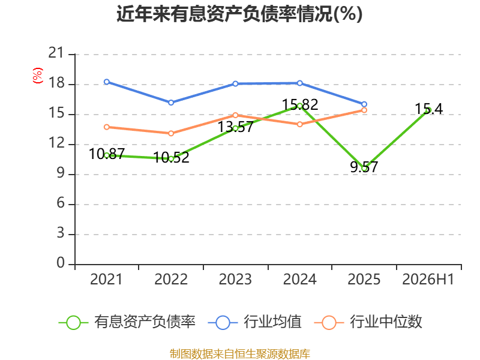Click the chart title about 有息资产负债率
[x=239, y=14]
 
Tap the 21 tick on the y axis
[x=56, y=53]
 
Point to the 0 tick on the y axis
[x=61, y=263]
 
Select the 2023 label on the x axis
[x=235, y=279]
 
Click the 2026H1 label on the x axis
[x=428, y=279]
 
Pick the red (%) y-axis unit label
[x=38, y=76]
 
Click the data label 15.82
[x=300, y=104]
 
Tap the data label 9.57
[x=364, y=167]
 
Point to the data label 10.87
[x=107, y=154]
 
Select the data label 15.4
[x=428, y=109]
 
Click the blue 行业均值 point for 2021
[x=107, y=82]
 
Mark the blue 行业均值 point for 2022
[x=171, y=103]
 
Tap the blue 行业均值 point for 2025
[x=364, y=104]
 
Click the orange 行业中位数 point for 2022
[x=171, y=133]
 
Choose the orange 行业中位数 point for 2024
[x=299, y=124]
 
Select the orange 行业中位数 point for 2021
[x=107, y=127]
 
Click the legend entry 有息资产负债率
[x=127, y=322]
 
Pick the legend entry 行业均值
[x=254, y=322]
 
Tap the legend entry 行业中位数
[x=368, y=322]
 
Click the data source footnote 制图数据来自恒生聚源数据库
[x=240, y=354]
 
